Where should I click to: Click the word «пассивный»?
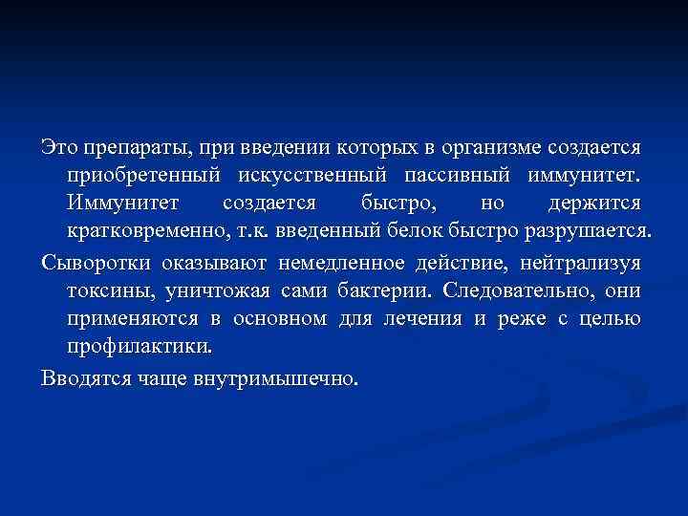tap(450, 177)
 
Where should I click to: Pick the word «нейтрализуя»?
tap(573, 261)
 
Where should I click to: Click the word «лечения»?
tap(417, 318)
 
